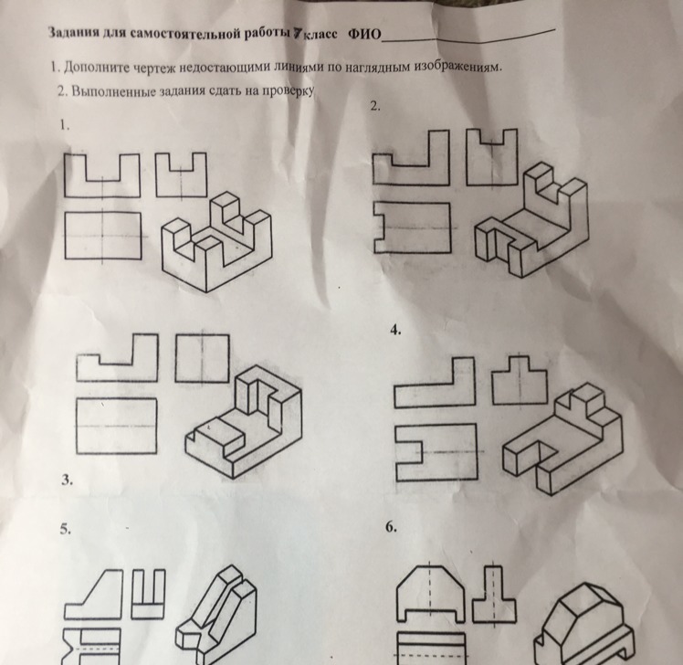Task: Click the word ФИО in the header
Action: [363, 34]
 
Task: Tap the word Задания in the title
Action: [72, 32]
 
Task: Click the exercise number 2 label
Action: [375, 105]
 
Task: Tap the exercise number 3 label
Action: [67, 480]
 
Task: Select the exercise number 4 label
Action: [395, 330]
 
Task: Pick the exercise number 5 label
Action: [66, 529]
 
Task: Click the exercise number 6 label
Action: [391, 527]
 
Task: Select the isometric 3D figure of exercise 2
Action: [531, 220]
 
